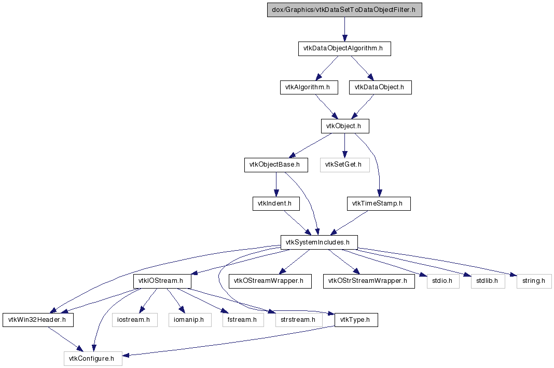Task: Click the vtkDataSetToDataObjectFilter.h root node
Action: [344, 10]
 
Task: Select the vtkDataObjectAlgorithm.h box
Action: [344, 48]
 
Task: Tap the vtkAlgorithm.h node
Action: [309, 87]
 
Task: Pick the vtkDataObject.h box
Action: [380, 87]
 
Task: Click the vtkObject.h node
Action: [345, 126]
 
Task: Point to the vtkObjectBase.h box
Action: [276, 165]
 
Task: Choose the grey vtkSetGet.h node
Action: [345, 165]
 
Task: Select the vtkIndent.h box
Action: [276, 203]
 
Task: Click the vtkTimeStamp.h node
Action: [379, 203]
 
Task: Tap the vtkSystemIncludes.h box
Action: [319, 242]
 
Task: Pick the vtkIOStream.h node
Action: [162, 281]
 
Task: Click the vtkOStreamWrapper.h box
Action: [270, 281]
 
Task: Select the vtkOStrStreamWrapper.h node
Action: [369, 281]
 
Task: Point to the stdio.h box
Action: [443, 281]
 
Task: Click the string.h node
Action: [534, 281]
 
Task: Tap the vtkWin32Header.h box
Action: [38, 320]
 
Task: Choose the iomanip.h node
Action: [190, 320]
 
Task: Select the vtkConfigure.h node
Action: [93, 359]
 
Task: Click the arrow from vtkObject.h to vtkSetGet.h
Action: [345, 146]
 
